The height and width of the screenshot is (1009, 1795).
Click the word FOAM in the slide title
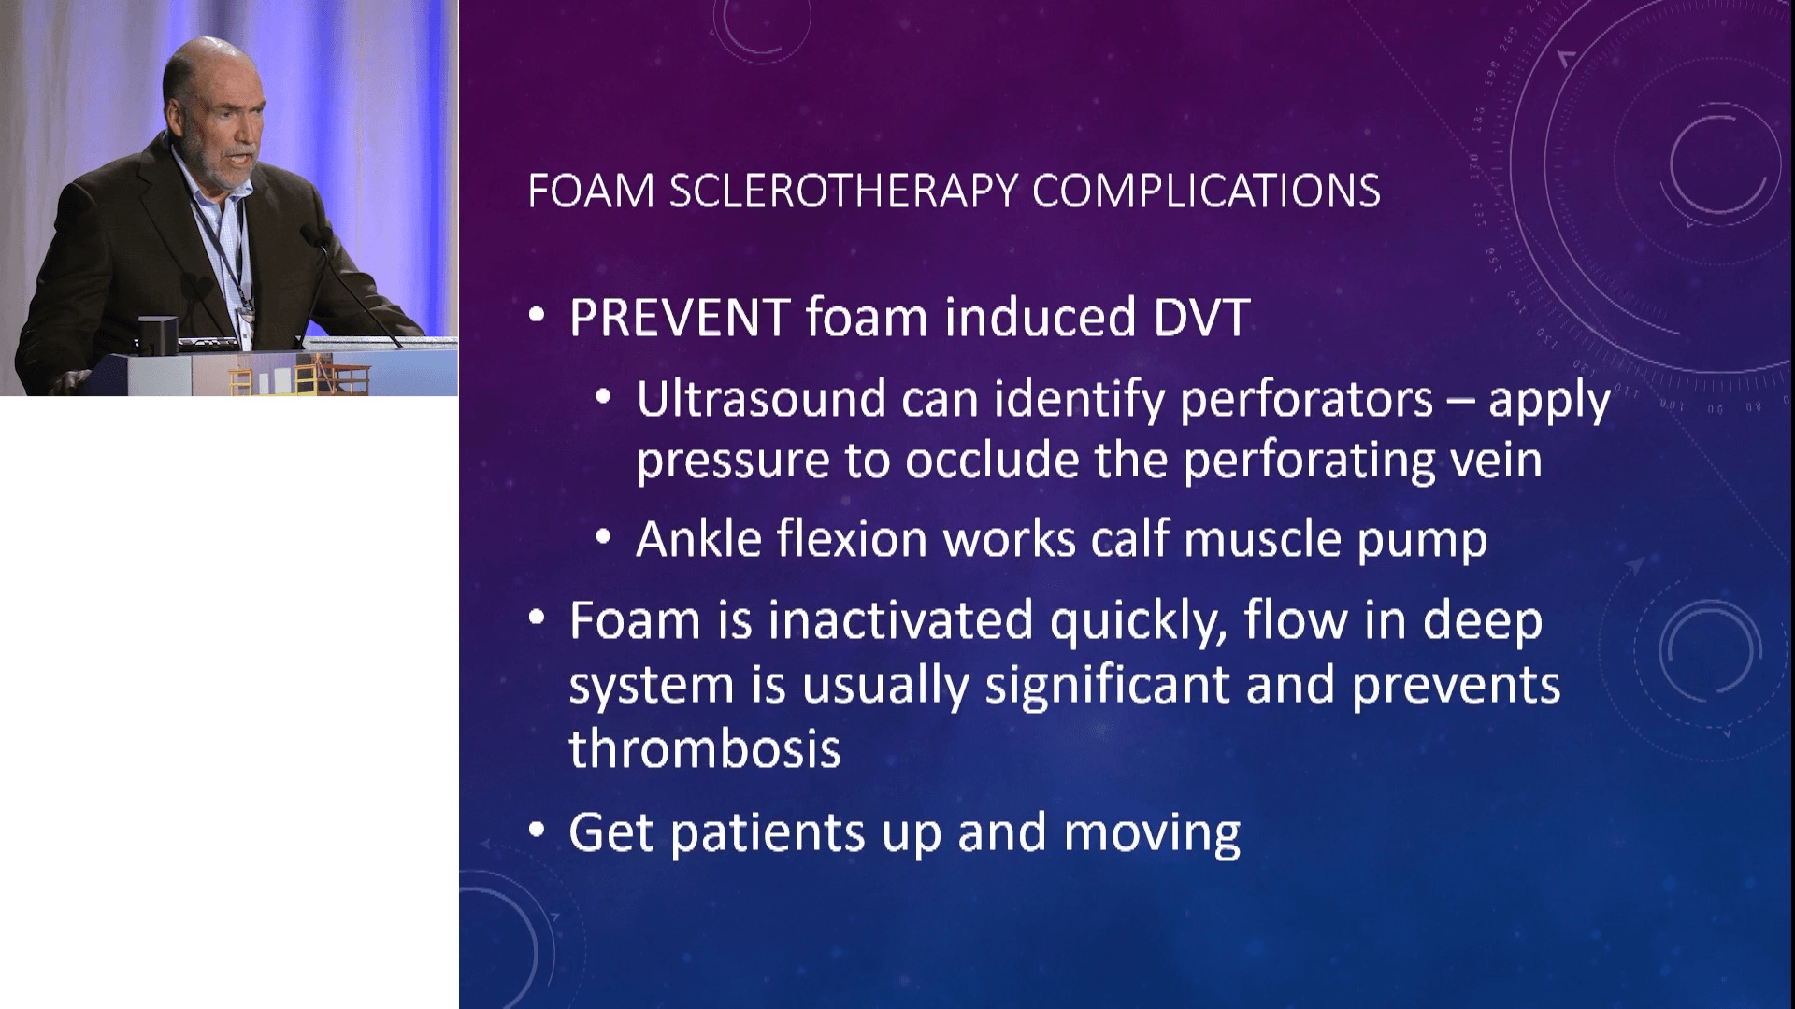click(x=591, y=191)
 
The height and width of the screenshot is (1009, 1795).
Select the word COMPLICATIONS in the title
click(x=1206, y=191)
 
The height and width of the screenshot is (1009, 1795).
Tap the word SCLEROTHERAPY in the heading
click(x=843, y=191)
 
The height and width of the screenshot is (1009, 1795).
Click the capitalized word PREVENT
click(x=680, y=318)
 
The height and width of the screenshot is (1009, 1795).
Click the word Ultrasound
click(x=761, y=399)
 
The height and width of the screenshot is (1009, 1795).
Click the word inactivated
click(x=900, y=620)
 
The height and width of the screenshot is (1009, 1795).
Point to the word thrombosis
click(x=705, y=748)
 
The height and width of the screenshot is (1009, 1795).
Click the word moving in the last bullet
click(x=1152, y=834)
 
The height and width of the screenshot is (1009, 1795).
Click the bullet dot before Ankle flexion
click(x=604, y=537)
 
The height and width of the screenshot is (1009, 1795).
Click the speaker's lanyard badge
click(x=246, y=319)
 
